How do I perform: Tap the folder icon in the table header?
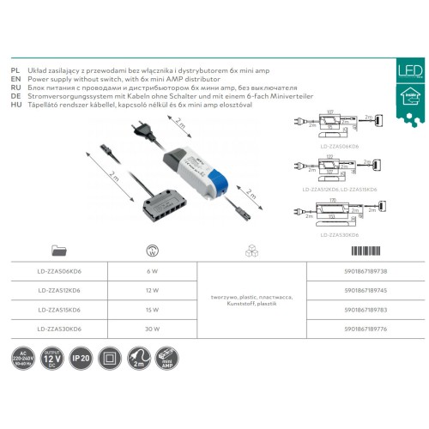[x=60, y=251]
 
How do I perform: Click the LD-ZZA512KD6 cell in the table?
[x=60, y=289]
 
